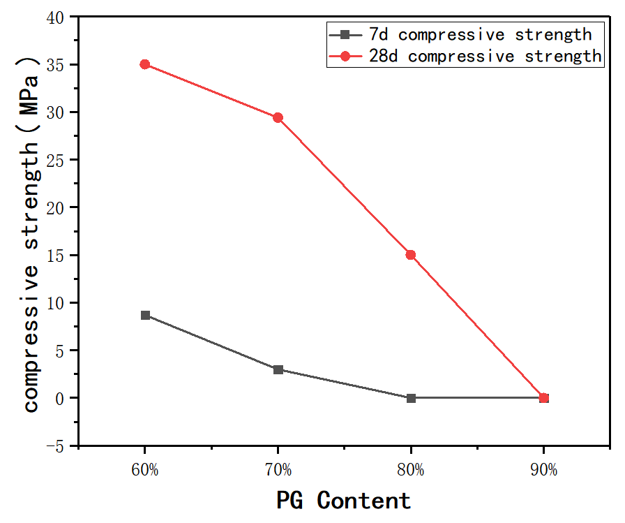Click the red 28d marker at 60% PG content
145,64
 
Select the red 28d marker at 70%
278,117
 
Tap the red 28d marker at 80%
411,255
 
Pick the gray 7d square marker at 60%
145,315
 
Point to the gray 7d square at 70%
278,369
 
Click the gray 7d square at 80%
411,398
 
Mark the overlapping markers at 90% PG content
544,398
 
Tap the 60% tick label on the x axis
145,469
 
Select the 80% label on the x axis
411,469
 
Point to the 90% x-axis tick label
544,469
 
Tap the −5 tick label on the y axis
61,445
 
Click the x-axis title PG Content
343,500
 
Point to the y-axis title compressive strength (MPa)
31,231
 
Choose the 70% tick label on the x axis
278,469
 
